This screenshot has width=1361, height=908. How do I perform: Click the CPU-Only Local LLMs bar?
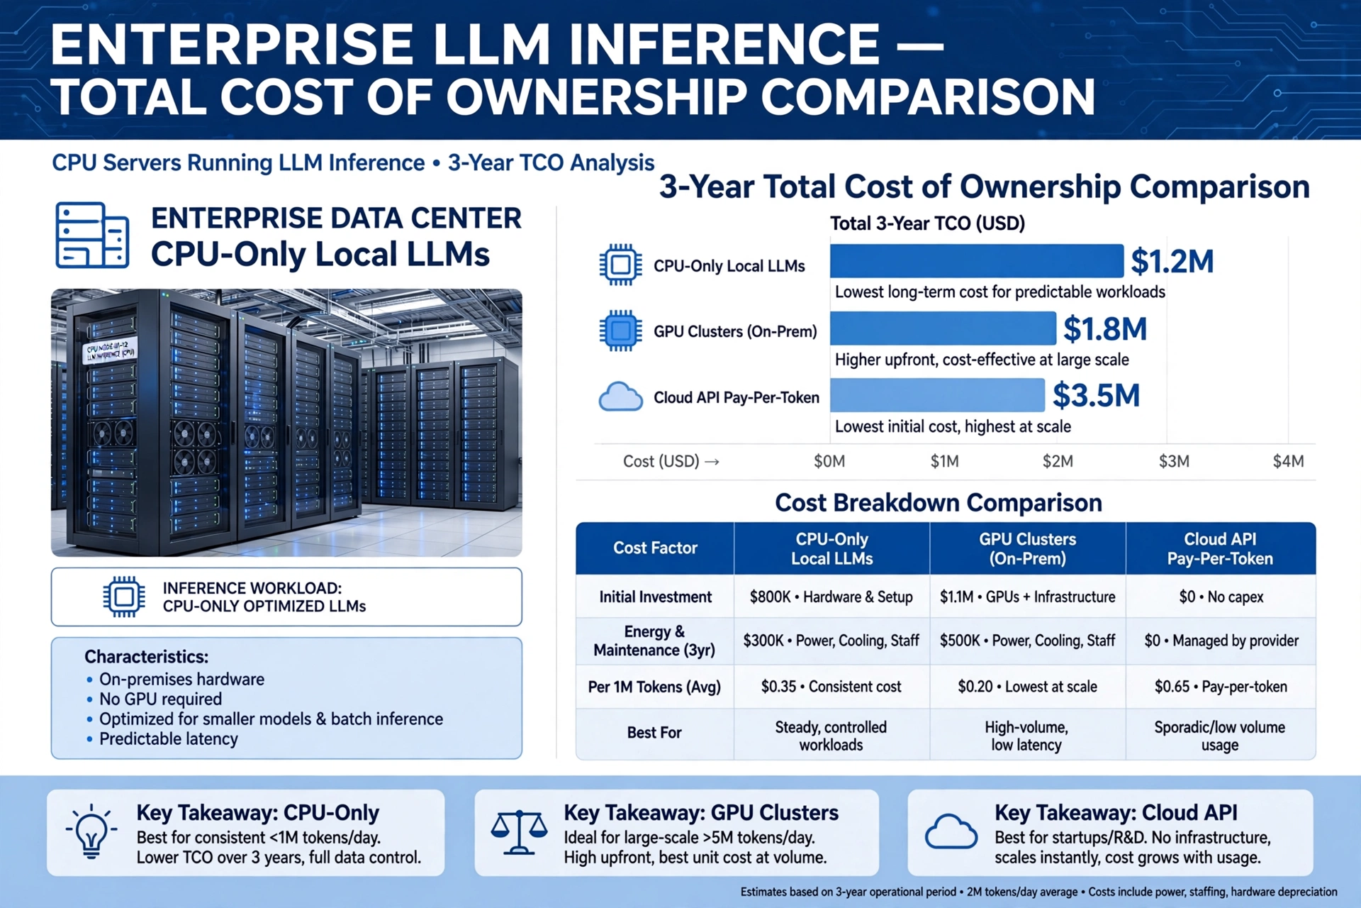coord(977,261)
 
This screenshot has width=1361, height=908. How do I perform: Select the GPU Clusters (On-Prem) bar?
coord(943,328)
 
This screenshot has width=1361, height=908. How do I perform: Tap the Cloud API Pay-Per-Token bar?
coord(937,395)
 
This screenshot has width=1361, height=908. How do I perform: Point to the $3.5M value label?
coord(1096,395)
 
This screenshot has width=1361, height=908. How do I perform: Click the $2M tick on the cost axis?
coord(1058,462)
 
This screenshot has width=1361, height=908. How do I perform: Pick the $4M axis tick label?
coord(1288,462)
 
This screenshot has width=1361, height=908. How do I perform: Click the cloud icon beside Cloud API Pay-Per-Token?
coord(621,397)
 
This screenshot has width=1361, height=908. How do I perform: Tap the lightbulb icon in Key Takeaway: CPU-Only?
coord(91,831)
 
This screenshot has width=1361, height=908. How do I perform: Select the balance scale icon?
coord(519,832)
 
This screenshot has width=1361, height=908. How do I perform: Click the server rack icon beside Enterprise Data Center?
coord(92,235)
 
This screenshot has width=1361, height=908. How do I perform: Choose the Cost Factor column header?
coord(655,548)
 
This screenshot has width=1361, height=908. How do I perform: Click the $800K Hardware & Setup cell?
coord(831,597)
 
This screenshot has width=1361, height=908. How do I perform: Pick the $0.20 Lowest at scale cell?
coord(1027,687)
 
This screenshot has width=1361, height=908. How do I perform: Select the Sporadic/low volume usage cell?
coord(1220,736)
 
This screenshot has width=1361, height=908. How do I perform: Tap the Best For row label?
coord(654,733)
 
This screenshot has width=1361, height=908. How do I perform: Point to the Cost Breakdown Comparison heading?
coord(939,503)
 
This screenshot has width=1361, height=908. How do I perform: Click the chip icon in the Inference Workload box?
coord(124,597)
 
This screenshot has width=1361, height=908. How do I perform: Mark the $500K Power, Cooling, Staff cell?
coord(1027,641)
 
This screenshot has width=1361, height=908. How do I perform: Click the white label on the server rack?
coord(110,350)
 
